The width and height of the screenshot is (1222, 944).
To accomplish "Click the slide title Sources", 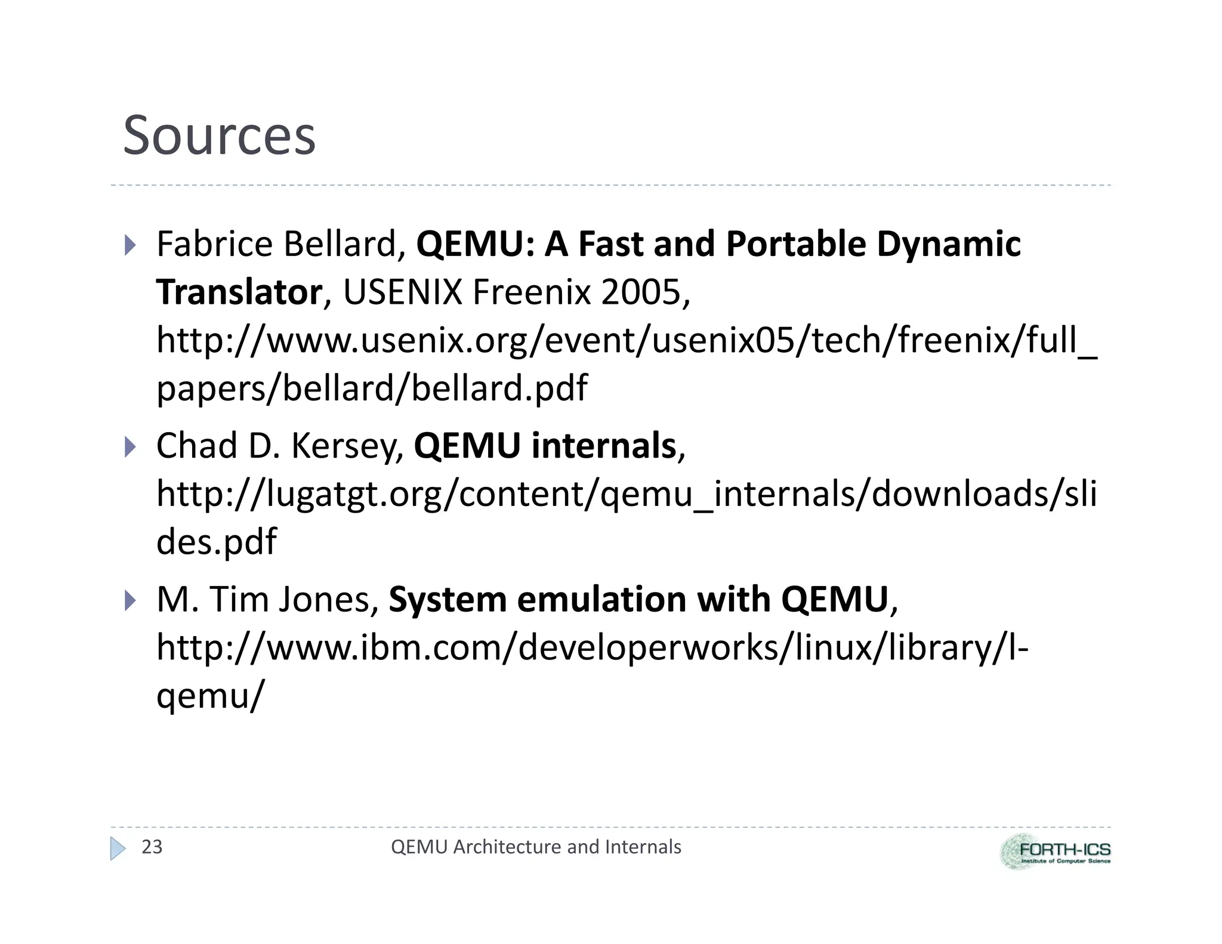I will tap(219, 135).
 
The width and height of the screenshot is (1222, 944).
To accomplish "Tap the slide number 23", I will tap(152, 847).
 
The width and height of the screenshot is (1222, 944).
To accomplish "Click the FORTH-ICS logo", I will tap(1055, 852).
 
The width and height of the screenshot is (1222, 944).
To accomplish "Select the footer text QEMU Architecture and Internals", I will tap(535, 847).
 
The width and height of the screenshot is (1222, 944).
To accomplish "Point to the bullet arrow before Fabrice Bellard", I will tap(130, 245).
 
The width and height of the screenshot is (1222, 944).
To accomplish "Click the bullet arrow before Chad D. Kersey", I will tap(130, 446).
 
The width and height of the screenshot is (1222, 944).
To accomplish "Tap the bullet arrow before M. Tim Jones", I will tap(130, 600).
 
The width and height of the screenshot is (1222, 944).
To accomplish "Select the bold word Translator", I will tap(239, 292).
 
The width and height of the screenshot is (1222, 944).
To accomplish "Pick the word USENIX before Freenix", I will tap(403, 292).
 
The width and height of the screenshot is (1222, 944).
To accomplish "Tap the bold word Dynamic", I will tap(948, 244).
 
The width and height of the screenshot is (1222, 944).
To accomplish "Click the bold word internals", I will tap(603, 446).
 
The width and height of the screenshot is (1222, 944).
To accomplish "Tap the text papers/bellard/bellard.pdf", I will tap(372, 388).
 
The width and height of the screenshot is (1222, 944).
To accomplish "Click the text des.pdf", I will tap(216, 541).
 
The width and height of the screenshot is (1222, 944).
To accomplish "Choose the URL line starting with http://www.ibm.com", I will tap(592, 647).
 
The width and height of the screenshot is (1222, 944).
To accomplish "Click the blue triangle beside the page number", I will tap(118, 848).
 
